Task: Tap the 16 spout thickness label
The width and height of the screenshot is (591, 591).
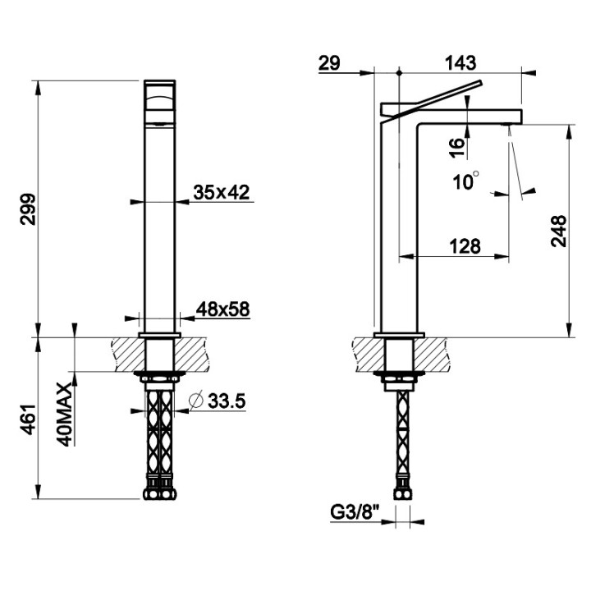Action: [457, 147]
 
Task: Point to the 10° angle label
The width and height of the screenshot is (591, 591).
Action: [465, 181]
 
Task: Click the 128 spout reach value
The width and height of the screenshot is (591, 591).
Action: [464, 246]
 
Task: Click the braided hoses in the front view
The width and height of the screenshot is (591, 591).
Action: [161, 435]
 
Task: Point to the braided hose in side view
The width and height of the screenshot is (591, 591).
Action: [402, 435]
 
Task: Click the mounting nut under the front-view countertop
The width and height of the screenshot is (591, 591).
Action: [161, 379]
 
